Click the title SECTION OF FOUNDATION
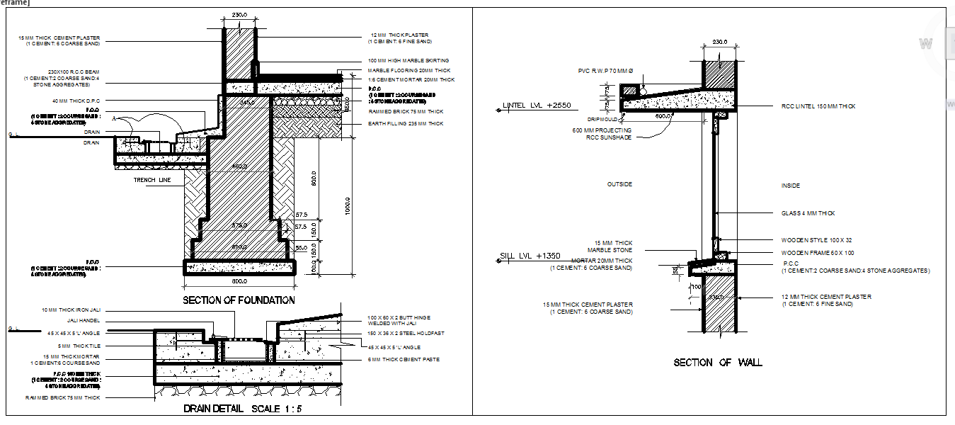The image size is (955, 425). (239, 300)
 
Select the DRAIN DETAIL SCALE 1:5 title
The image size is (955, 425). (243, 409)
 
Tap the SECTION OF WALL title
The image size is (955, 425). (718, 363)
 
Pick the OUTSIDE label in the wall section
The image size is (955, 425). (619, 184)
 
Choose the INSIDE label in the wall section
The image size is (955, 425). (790, 186)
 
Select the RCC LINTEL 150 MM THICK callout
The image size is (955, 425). (818, 106)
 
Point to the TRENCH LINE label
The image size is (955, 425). (152, 181)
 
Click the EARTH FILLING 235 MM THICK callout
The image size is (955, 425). (406, 124)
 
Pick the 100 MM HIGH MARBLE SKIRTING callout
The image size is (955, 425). (408, 61)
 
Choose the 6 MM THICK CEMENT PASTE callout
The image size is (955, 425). (404, 360)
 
